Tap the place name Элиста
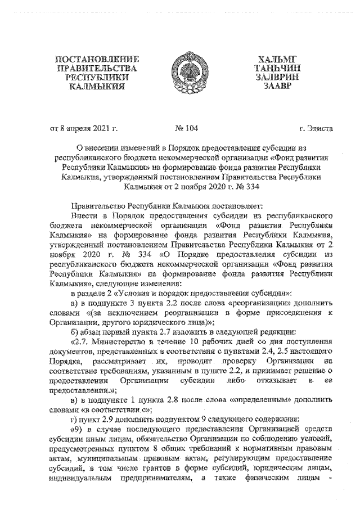point(321,129)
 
